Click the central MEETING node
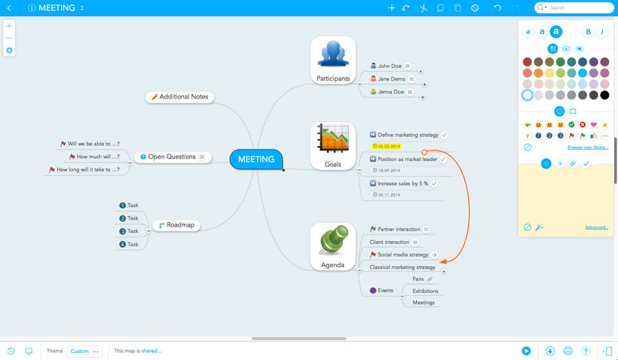click(x=256, y=159)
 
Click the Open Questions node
click(x=171, y=156)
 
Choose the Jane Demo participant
click(x=391, y=79)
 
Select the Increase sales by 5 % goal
click(x=402, y=184)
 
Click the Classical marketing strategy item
click(x=402, y=267)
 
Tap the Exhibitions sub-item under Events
click(x=425, y=291)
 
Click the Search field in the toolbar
click(x=577, y=8)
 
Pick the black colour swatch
click(x=604, y=95)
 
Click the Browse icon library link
click(x=587, y=147)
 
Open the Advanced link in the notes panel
click(x=596, y=227)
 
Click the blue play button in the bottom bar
click(x=527, y=351)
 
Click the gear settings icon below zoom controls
click(x=9, y=50)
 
